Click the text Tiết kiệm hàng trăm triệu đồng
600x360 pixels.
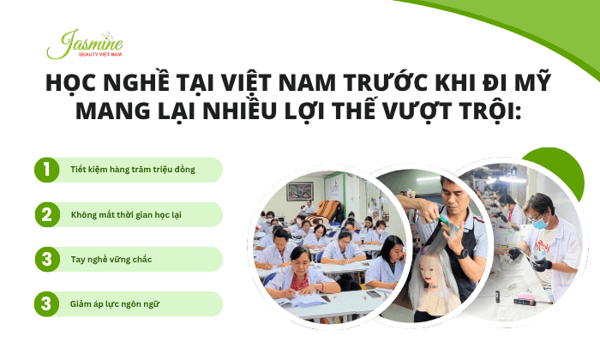pos(132,170)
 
